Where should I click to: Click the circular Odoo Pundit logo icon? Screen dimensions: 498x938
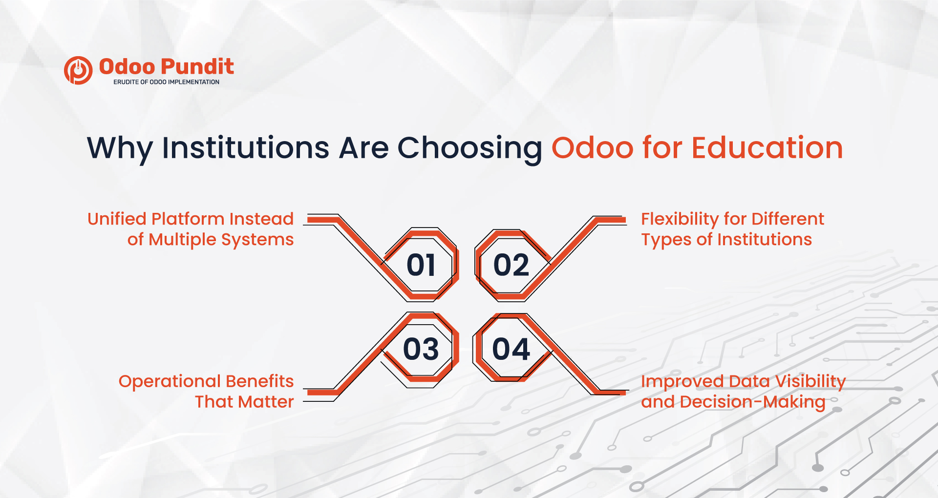[x=78, y=70]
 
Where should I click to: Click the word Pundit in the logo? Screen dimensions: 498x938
[x=197, y=67]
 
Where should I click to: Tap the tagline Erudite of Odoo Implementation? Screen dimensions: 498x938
[x=166, y=82]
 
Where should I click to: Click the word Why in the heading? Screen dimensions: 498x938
[x=120, y=148]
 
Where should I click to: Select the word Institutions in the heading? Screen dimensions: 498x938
[x=246, y=148]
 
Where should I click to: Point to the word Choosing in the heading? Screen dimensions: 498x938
[x=469, y=148]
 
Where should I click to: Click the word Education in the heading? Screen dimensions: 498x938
[x=767, y=148]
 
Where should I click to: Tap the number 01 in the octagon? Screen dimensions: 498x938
[x=421, y=266]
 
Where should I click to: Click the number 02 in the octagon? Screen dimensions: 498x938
[x=511, y=266]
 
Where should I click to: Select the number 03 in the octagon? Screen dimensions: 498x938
[x=421, y=350]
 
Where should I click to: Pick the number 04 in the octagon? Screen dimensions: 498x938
[x=511, y=350]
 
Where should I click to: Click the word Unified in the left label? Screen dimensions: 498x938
[x=117, y=219]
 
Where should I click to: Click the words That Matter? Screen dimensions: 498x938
[x=244, y=402]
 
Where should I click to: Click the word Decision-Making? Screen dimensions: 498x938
[x=752, y=402]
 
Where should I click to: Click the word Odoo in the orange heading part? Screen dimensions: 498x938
[x=592, y=148]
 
